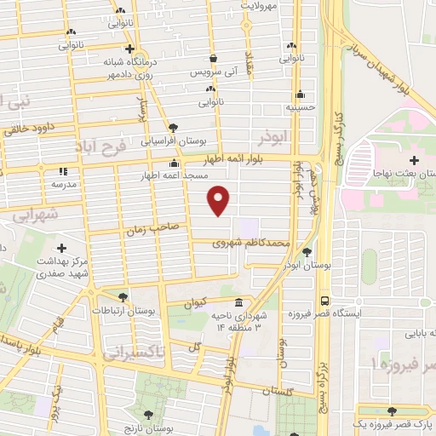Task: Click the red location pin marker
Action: click(x=220, y=200)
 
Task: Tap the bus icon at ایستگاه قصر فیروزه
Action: click(x=324, y=301)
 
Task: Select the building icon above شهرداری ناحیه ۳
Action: click(x=238, y=304)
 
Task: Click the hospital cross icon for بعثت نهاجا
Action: click(x=414, y=160)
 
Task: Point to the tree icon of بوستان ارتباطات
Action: click(x=123, y=297)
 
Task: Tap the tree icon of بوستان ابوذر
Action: click(x=307, y=251)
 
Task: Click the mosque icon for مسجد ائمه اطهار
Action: click(x=175, y=163)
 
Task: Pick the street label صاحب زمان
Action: click(x=150, y=229)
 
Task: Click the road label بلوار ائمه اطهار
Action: click(x=244, y=158)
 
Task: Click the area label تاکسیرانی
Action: click(x=137, y=350)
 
